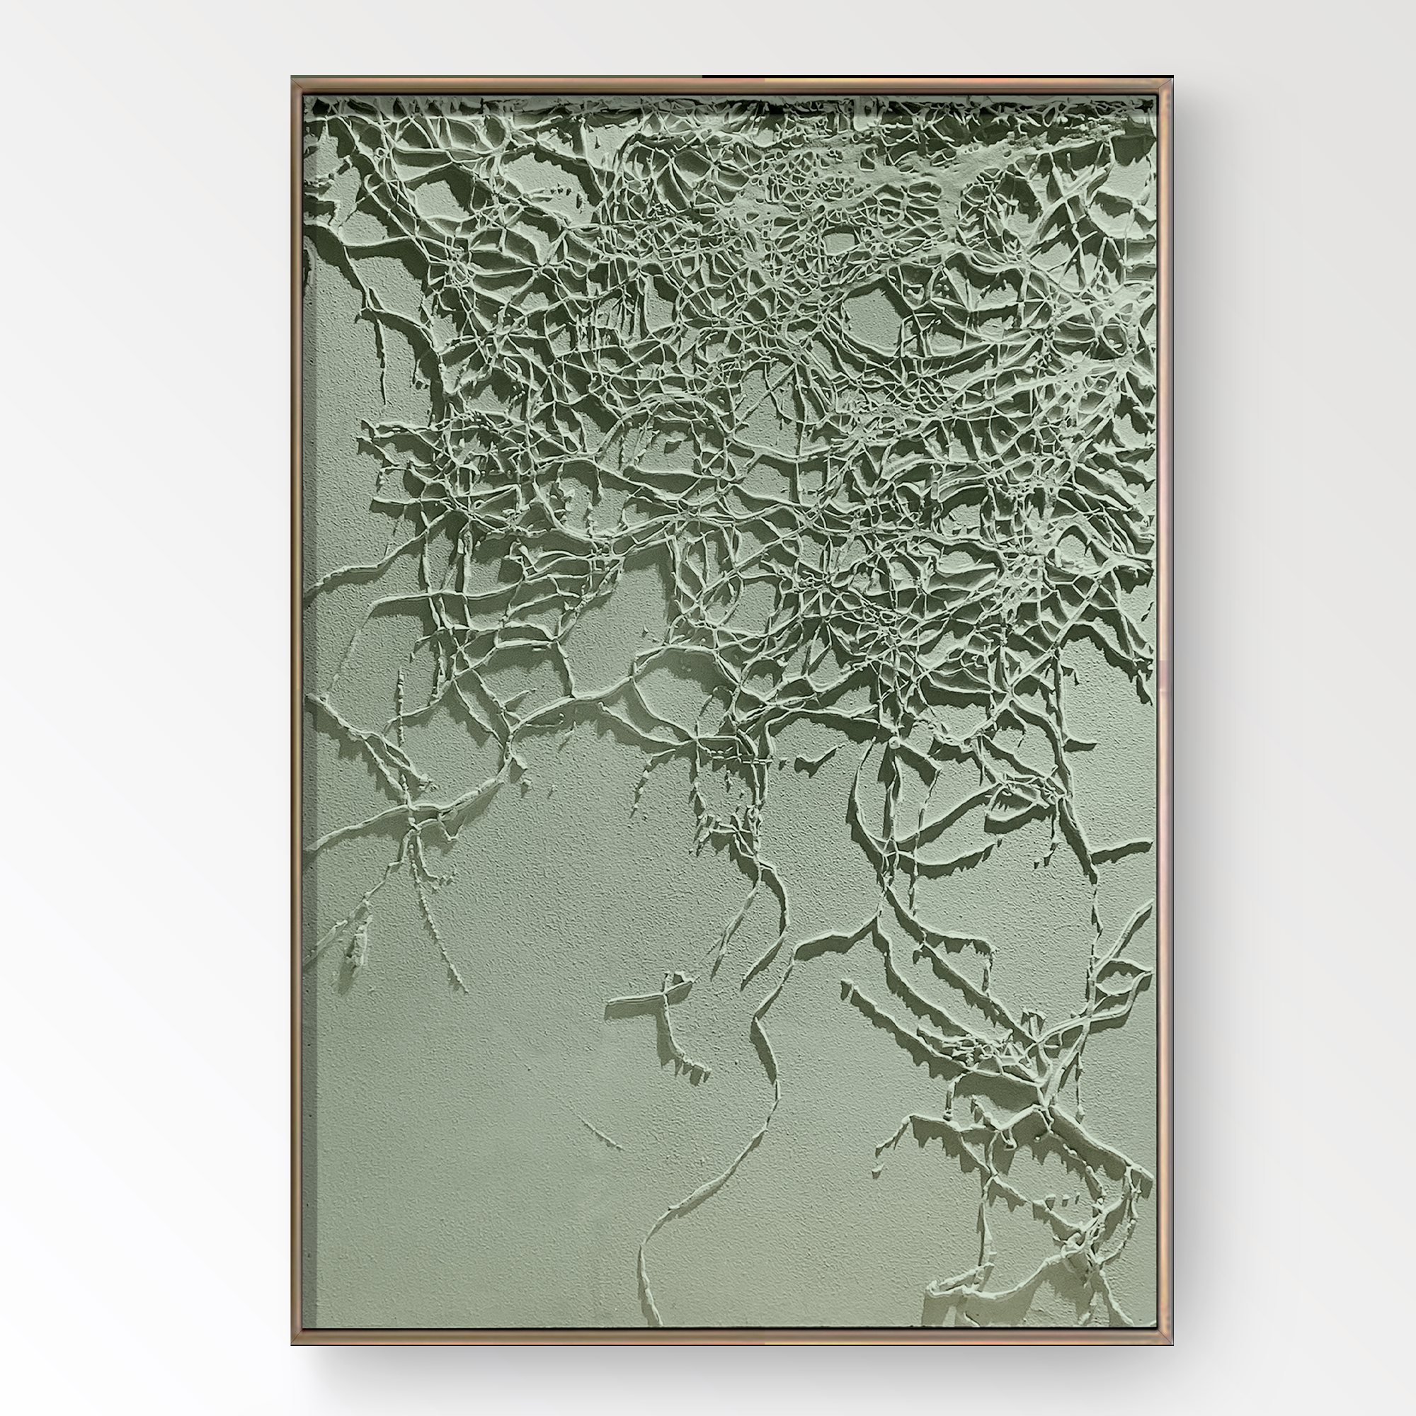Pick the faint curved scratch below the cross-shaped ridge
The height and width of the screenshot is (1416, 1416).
click(x=601, y=1132)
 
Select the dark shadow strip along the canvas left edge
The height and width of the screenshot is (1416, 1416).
click(x=310, y=1100)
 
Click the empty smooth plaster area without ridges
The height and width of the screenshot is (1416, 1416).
click(x=476, y=1172)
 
